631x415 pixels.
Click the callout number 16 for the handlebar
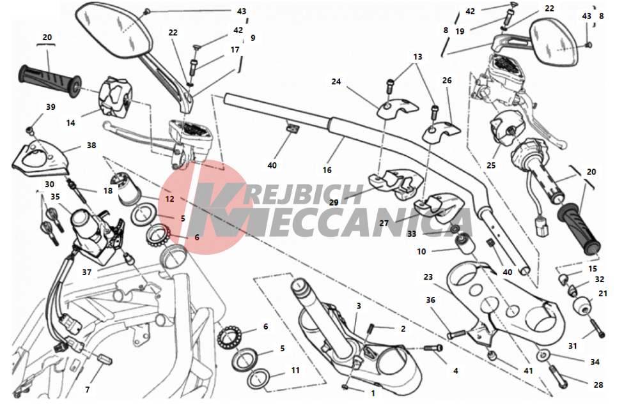pos(327,170)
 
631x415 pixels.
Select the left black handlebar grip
pos(50,80)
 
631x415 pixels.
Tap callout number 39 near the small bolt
pos(51,107)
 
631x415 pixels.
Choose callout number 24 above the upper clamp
pos(336,82)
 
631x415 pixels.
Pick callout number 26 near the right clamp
pos(447,80)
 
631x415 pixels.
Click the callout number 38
pos(91,145)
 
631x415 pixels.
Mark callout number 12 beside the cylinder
pos(169,199)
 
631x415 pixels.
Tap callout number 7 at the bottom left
pos(88,389)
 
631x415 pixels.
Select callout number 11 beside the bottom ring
pos(295,370)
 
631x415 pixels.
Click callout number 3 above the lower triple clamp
pos(359,306)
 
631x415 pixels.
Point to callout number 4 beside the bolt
pos(456,370)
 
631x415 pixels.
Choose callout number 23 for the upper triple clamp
pos(428,277)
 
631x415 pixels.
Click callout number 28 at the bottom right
pos(598,385)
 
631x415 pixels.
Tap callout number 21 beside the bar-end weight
pos(602,294)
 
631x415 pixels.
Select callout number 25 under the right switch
pos(491,165)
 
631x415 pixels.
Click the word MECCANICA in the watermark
pos(340,222)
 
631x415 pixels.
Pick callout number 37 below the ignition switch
pos(87,272)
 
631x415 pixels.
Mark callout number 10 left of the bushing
pos(421,252)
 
